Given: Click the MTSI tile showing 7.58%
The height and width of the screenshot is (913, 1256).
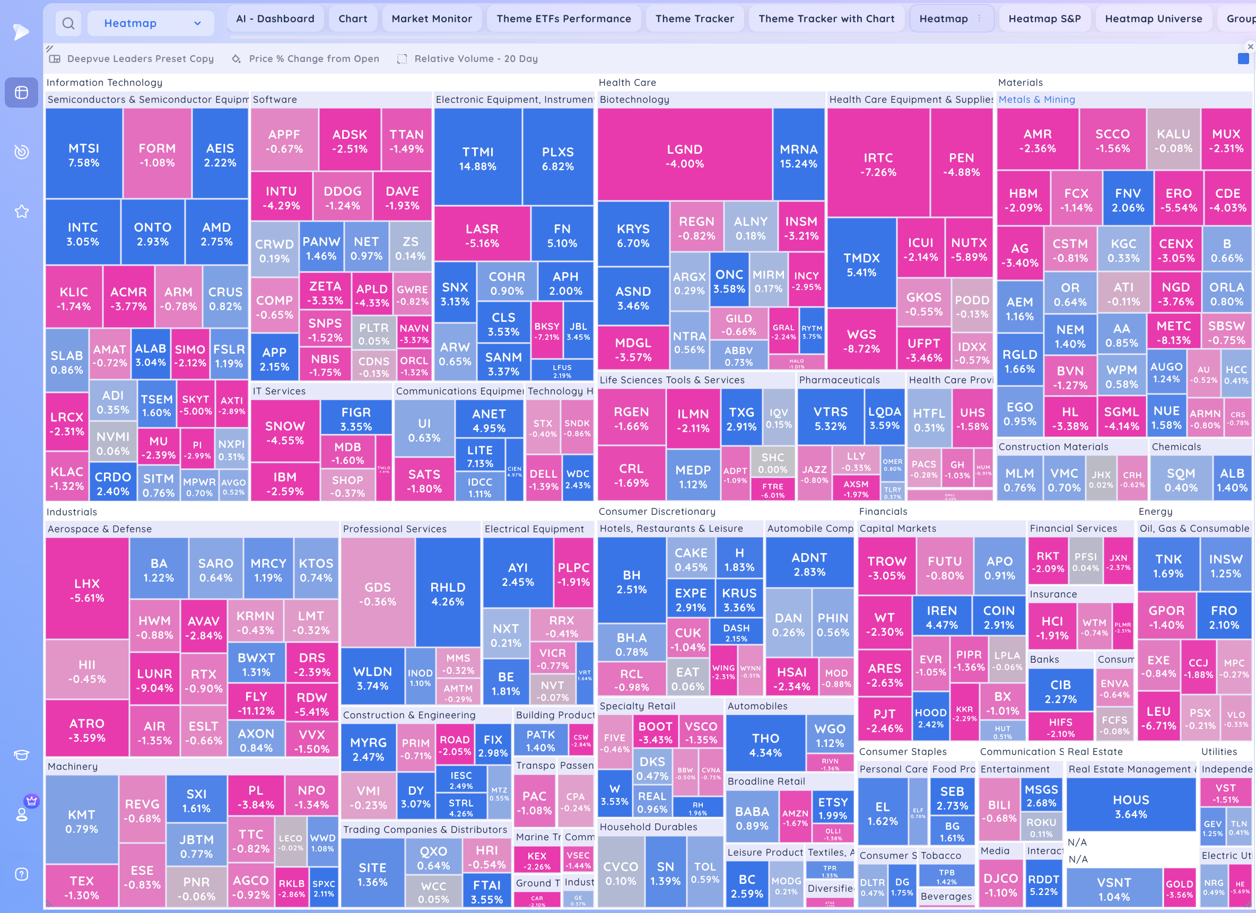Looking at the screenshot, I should tap(84, 154).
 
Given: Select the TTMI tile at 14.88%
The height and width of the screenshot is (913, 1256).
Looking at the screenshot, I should tap(477, 159).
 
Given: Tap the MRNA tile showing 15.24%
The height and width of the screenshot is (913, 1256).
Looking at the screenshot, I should tap(798, 155).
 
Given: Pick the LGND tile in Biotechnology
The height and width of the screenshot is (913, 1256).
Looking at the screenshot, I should tap(684, 155).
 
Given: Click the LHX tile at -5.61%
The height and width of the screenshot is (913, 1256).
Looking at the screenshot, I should tap(87, 590).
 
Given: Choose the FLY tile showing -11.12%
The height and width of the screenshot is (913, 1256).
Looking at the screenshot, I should tap(256, 703).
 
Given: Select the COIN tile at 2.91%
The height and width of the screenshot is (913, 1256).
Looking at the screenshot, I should tap(998, 617).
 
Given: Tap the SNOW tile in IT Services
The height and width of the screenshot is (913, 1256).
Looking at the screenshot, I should tap(285, 433).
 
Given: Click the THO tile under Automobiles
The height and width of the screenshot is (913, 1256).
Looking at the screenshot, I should tap(765, 745).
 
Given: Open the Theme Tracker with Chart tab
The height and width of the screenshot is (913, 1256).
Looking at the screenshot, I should tap(826, 19).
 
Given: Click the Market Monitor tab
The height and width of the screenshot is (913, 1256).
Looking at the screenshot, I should tap(431, 19).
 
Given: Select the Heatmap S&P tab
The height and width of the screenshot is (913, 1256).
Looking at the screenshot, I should tap(1044, 19).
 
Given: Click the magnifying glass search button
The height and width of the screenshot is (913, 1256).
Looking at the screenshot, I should tap(68, 23).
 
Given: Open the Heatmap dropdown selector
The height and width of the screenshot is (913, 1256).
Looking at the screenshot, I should tap(151, 23).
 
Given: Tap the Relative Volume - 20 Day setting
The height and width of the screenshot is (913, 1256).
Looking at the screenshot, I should tap(475, 59).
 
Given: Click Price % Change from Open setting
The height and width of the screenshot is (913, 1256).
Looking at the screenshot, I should tap(313, 59).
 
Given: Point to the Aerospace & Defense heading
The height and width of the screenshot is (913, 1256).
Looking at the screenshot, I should tap(100, 529).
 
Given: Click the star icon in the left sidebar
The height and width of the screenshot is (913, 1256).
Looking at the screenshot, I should tap(22, 212).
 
